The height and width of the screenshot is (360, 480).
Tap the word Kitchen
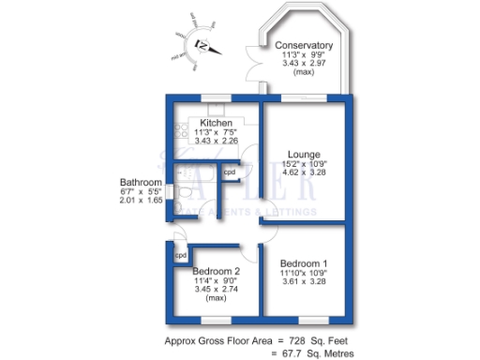(x=216, y=123)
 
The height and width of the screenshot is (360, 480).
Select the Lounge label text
(x=305, y=154)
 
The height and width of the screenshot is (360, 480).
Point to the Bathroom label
(x=140, y=182)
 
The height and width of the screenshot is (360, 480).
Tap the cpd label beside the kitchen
(x=229, y=172)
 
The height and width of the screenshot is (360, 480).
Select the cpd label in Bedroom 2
(x=181, y=255)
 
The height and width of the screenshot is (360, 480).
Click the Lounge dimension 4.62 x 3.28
(x=305, y=173)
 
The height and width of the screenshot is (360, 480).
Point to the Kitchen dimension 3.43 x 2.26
(x=217, y=142)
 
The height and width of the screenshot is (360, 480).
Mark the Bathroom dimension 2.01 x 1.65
(x=140, y=202)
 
